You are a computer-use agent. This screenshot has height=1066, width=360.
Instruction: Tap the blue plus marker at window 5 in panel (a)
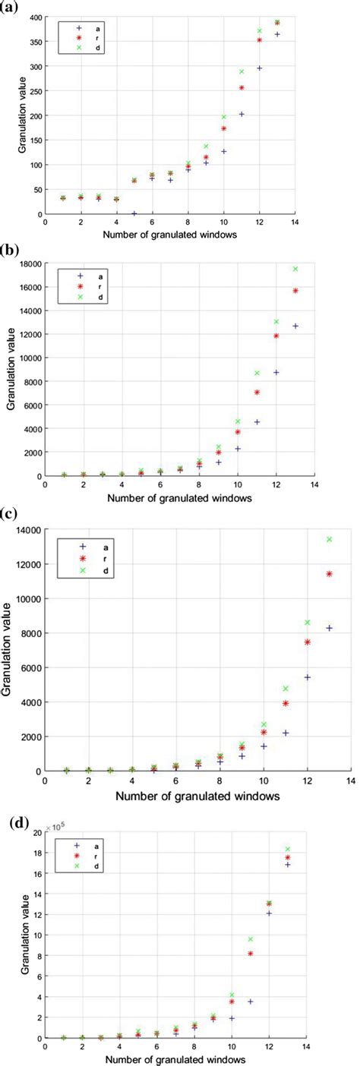tap(134, 213)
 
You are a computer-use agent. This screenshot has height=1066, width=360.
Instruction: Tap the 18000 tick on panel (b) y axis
tap(29, 264)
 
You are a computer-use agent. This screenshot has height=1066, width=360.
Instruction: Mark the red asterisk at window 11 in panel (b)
tap(257, 393)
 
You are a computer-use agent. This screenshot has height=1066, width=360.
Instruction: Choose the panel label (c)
tap(10, 512)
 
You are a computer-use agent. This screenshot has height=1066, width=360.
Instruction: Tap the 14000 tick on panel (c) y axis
tap(29, 529)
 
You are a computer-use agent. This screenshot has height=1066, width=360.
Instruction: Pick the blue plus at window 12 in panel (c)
tap(307, 676)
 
